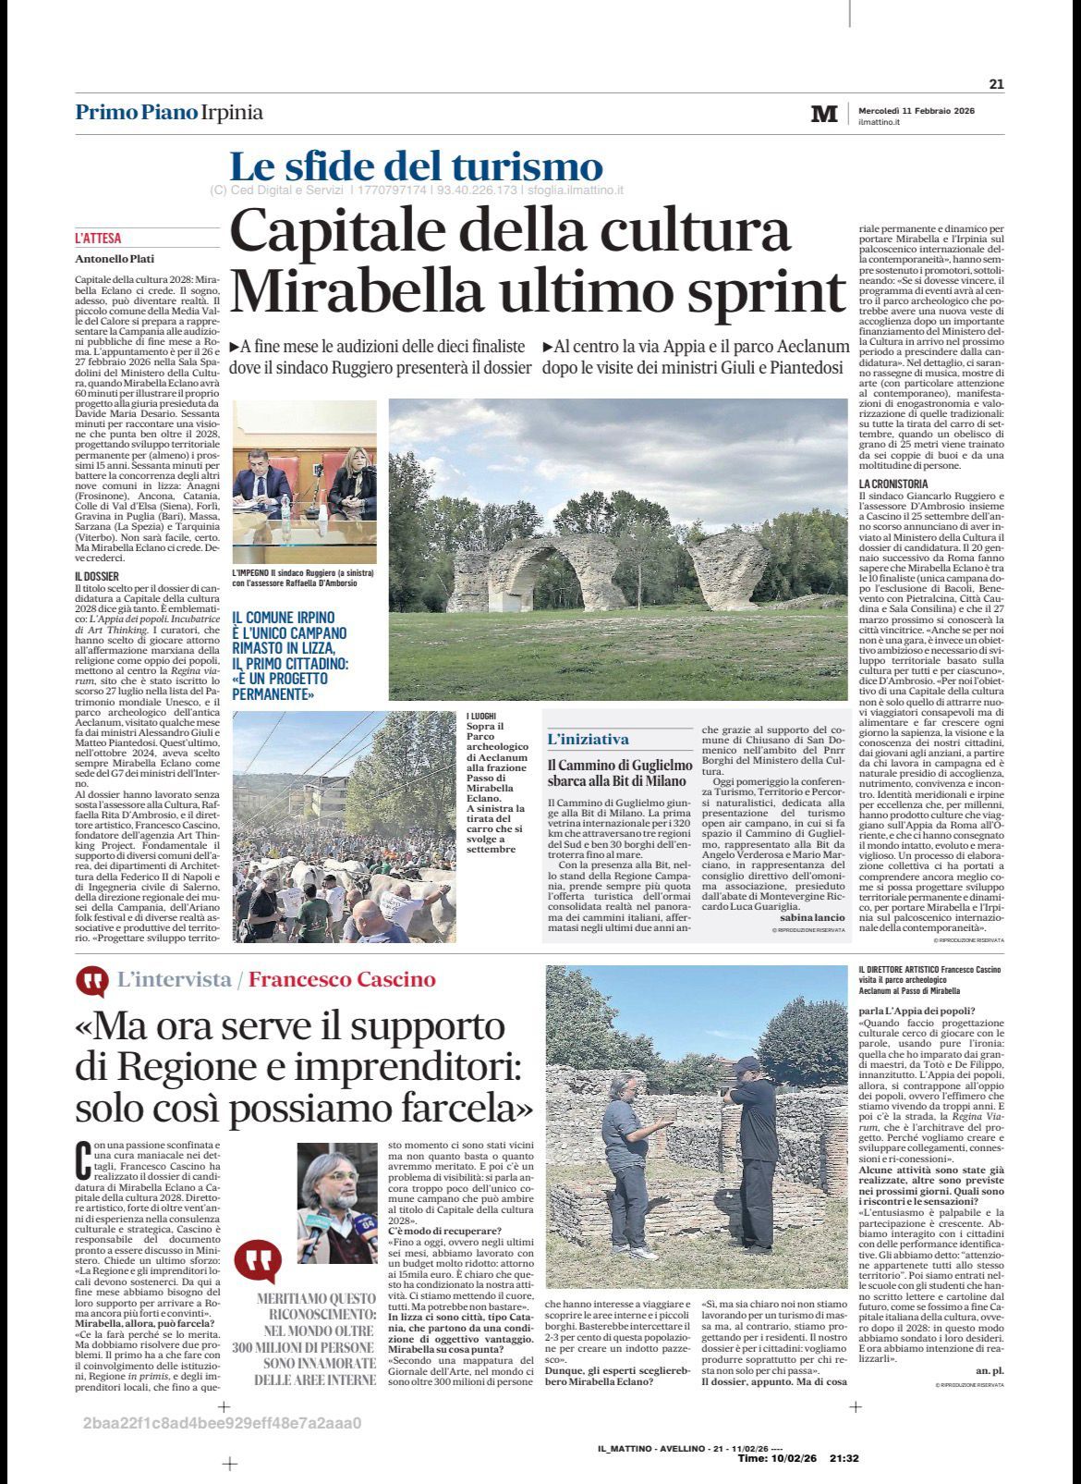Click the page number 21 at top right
point(996,84)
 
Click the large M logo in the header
point(823,114)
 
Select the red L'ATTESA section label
point(98,239)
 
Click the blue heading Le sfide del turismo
point(416,167)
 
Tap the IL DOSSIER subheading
point(97,576)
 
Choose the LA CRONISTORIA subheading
point(893,484)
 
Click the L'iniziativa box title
point(588,740)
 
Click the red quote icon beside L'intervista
point(91,981)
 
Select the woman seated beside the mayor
point(350,482)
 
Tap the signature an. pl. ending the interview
point(989,1370)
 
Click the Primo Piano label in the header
point(137,113)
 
